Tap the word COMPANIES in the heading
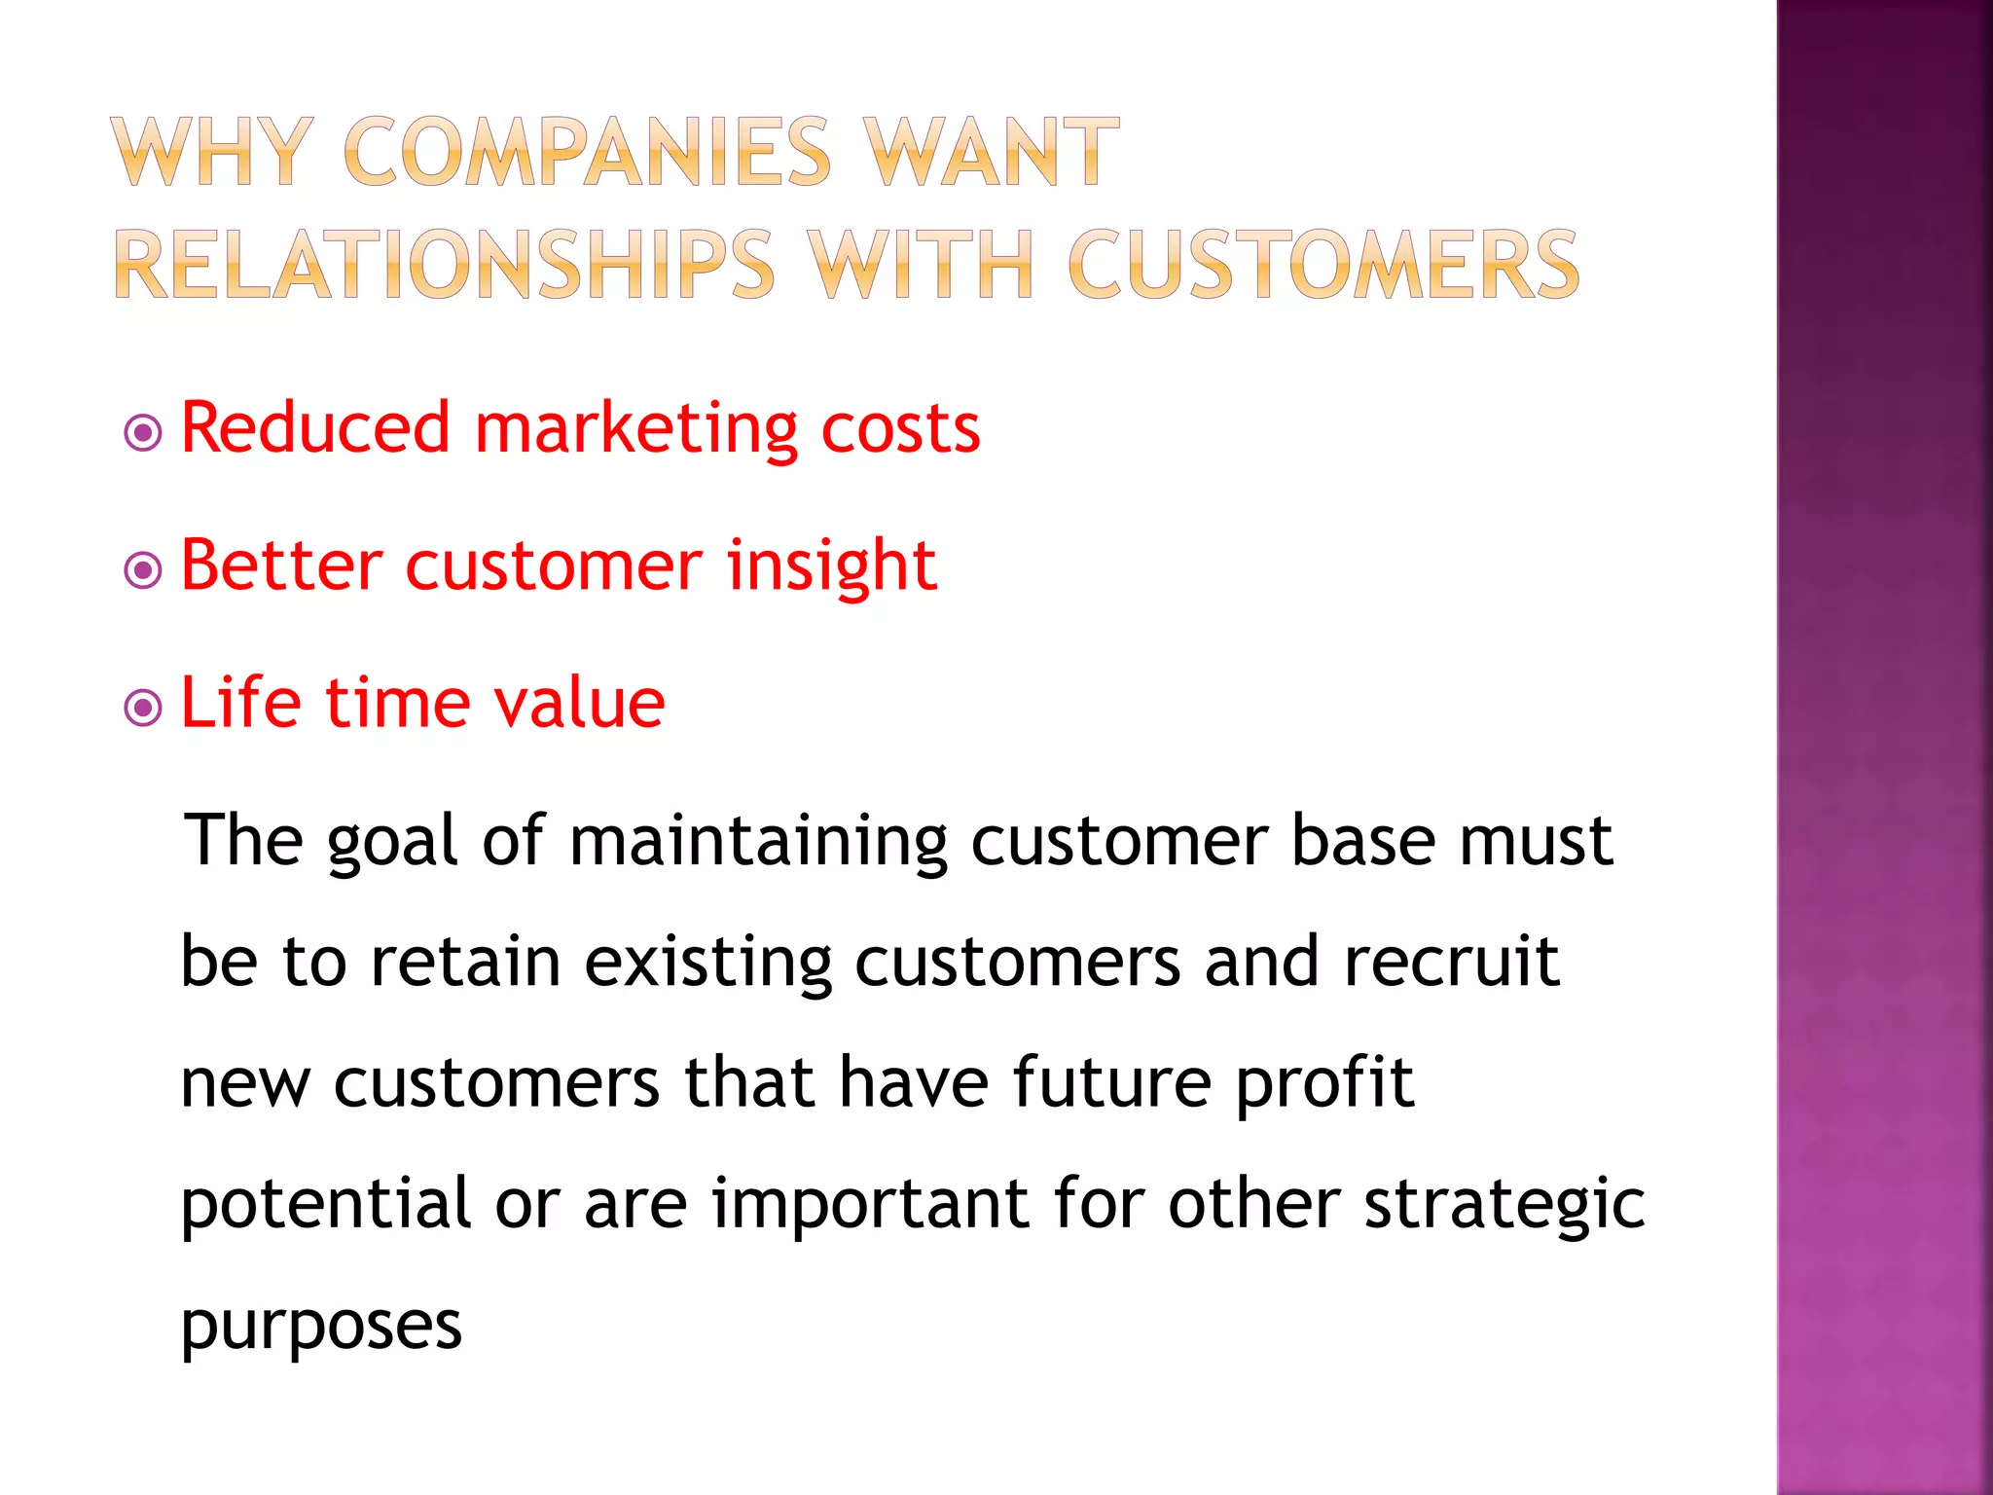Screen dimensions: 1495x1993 (587, 152)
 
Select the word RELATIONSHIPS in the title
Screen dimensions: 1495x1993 (445, 265)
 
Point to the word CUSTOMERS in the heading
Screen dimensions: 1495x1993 (1323, 265)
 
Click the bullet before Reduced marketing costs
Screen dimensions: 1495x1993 (144, 432)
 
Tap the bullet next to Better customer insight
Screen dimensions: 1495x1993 (144, 570)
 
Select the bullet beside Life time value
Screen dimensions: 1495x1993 (144, 708)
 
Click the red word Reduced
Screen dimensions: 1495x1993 (315, 428)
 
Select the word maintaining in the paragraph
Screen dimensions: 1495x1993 (758, 842)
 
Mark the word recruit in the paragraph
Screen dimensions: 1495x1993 (1452, 962)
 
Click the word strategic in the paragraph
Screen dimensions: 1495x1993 (1504, 1205)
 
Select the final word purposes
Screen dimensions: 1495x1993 (321, 1327)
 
